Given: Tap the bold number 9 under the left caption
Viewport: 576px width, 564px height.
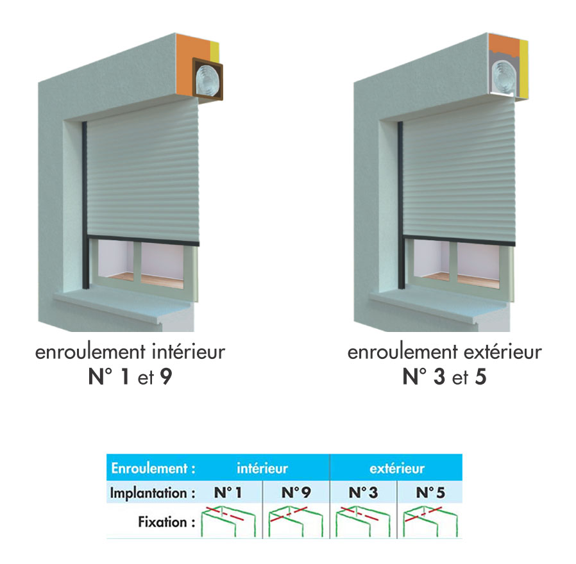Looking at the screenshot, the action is tap(166, 376).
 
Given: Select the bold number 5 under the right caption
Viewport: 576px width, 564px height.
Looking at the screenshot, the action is tap(480, 376).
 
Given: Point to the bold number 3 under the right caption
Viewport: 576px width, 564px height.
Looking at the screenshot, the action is tap(439, 376).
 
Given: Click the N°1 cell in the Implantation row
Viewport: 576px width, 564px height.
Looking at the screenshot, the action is tap(228, 492).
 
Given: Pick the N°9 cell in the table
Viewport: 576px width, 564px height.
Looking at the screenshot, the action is tap(296, 492).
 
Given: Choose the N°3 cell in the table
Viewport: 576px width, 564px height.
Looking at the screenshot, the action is tap(363, 492).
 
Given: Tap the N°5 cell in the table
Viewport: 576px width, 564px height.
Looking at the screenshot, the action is tap(430, 492).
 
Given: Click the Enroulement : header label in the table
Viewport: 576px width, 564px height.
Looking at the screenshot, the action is tap(153, 469).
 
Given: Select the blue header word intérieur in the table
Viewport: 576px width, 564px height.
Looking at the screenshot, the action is tap(262, 469).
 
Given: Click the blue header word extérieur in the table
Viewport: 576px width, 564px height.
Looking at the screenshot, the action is tap(397, 469).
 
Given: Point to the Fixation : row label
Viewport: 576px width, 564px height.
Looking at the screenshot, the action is tap(167, 522).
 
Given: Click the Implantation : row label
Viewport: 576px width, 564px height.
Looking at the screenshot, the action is tap(153, 493).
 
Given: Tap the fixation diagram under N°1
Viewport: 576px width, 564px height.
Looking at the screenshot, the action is tap(228, 521).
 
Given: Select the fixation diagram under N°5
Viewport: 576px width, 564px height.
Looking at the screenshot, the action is tap(430, 521).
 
